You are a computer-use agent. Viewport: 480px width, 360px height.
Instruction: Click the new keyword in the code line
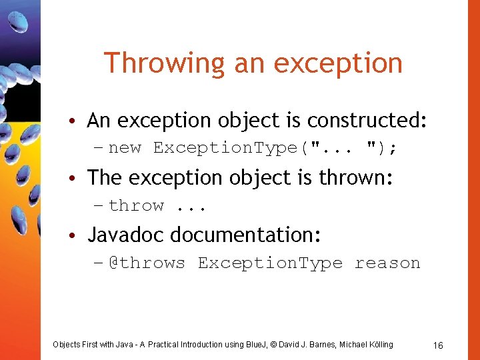(125, 148)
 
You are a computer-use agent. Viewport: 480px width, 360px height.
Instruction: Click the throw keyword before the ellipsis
(136, 206)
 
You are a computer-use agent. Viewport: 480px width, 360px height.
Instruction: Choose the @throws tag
(147, 263)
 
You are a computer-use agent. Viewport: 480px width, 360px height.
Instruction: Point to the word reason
(387, 263)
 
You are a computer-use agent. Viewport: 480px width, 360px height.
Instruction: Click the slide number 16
(438, 345)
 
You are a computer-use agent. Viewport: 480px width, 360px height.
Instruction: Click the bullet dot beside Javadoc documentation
(78, 236)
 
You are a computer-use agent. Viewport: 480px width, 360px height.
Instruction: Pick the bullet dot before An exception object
(78, 121)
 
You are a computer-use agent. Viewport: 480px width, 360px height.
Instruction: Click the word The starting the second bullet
(103, 178)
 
